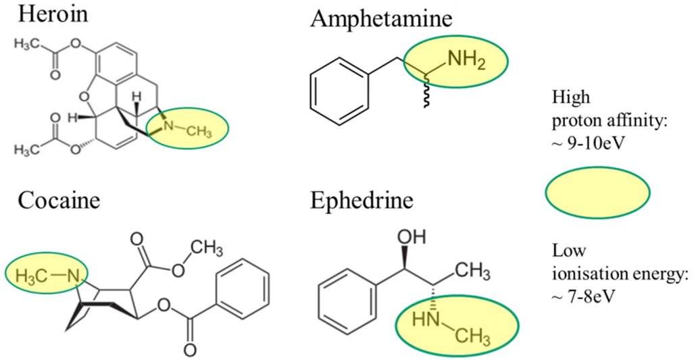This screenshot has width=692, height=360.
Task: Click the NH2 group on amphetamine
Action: [466, 60]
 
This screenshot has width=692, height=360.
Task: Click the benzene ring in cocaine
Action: [245, 286]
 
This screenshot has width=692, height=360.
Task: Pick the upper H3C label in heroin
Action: [28, 45]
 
